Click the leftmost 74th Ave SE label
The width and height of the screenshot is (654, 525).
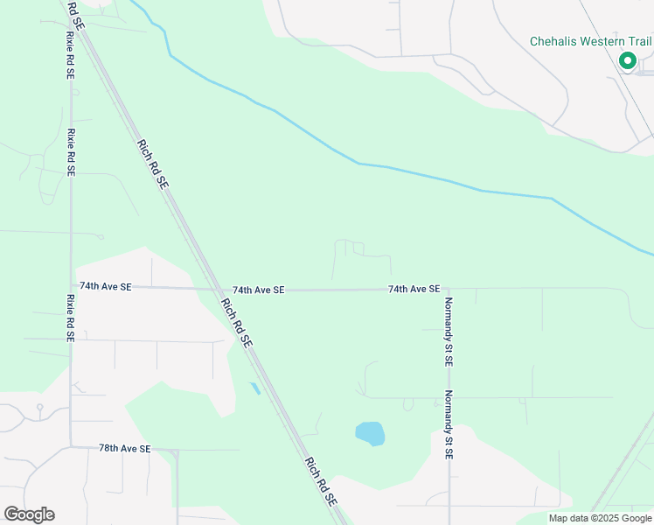click(105, 286)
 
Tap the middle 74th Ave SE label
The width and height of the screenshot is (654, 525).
click(258, 290)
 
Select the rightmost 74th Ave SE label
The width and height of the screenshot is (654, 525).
click(414, 289)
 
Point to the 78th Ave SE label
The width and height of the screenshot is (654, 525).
click(124, 448)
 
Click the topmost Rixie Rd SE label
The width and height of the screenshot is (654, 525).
click(69, 56)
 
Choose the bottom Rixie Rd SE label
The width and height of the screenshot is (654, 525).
click(71, 317)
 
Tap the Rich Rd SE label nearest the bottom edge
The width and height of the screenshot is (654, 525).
click(320, 480)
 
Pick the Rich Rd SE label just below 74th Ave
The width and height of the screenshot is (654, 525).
click(236, 325)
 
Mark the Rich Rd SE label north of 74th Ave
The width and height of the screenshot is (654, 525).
click(152, 164)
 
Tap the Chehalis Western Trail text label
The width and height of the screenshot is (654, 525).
click(590, 41)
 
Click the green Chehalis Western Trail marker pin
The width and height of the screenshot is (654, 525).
click(627, 60)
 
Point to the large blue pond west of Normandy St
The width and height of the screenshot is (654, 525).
click(370, 433)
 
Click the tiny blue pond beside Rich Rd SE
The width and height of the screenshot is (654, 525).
click(254, 388)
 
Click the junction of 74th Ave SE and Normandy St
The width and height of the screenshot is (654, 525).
click(448, 288)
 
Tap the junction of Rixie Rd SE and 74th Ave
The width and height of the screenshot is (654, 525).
click(72, 286)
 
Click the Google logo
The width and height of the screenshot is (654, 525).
click(29, 514)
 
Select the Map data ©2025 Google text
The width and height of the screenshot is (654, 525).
click(600, 518)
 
